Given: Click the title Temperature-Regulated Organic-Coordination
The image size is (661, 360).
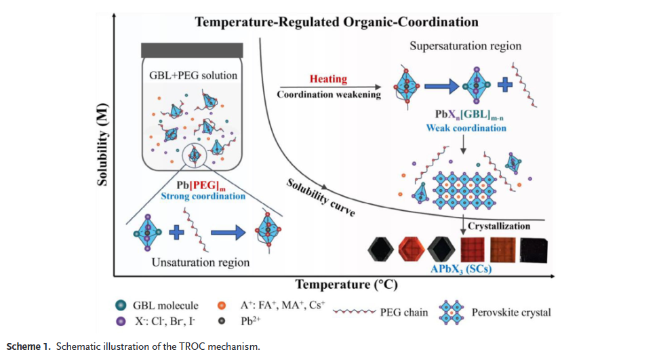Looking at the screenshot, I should (x=336, y=22).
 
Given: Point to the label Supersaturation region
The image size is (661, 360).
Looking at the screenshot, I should (x=465, y=46).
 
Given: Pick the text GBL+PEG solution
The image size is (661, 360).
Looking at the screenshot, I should (x=193, y=75).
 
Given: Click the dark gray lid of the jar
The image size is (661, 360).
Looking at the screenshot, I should (x=193, y=50).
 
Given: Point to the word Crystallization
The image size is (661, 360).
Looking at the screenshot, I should (x=499, y=226).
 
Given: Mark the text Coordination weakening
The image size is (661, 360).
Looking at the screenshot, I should (x=328, y=94).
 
